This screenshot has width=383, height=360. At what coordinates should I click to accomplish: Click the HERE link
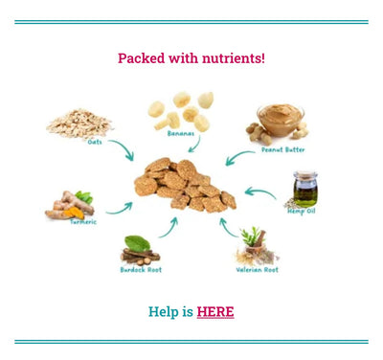coord(215,311)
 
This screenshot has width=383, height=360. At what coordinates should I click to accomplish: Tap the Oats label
coord(95,142)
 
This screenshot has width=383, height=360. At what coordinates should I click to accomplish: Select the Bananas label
coord(181,133)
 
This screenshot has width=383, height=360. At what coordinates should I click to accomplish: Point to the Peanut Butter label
coord(283,149)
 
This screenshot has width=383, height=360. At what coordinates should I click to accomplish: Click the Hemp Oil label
coord(302,212)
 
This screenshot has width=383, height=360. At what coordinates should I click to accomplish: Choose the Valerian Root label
coord(258,270)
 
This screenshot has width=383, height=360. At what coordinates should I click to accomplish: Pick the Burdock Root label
coord(141,270)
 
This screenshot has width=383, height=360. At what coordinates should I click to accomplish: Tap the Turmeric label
coord(83,221)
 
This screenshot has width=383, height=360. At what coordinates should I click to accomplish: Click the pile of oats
coord(79,124)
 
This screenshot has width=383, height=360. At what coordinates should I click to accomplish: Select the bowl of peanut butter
coord(281,119)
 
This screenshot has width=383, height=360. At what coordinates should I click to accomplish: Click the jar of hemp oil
coord(305,190)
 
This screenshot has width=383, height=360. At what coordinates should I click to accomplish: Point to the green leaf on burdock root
coord(137,243)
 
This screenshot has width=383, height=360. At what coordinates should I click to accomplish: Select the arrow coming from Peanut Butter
coord(238,157)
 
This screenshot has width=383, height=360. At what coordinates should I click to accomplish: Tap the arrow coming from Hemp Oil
coord(259,191)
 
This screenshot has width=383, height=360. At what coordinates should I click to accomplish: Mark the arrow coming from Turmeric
coord(121,210)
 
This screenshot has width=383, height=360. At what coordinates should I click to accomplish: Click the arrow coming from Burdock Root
coord(169,229)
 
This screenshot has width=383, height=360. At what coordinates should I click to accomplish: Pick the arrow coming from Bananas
coord(195,145)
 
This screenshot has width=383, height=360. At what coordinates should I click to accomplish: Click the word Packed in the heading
coord(142,58)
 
